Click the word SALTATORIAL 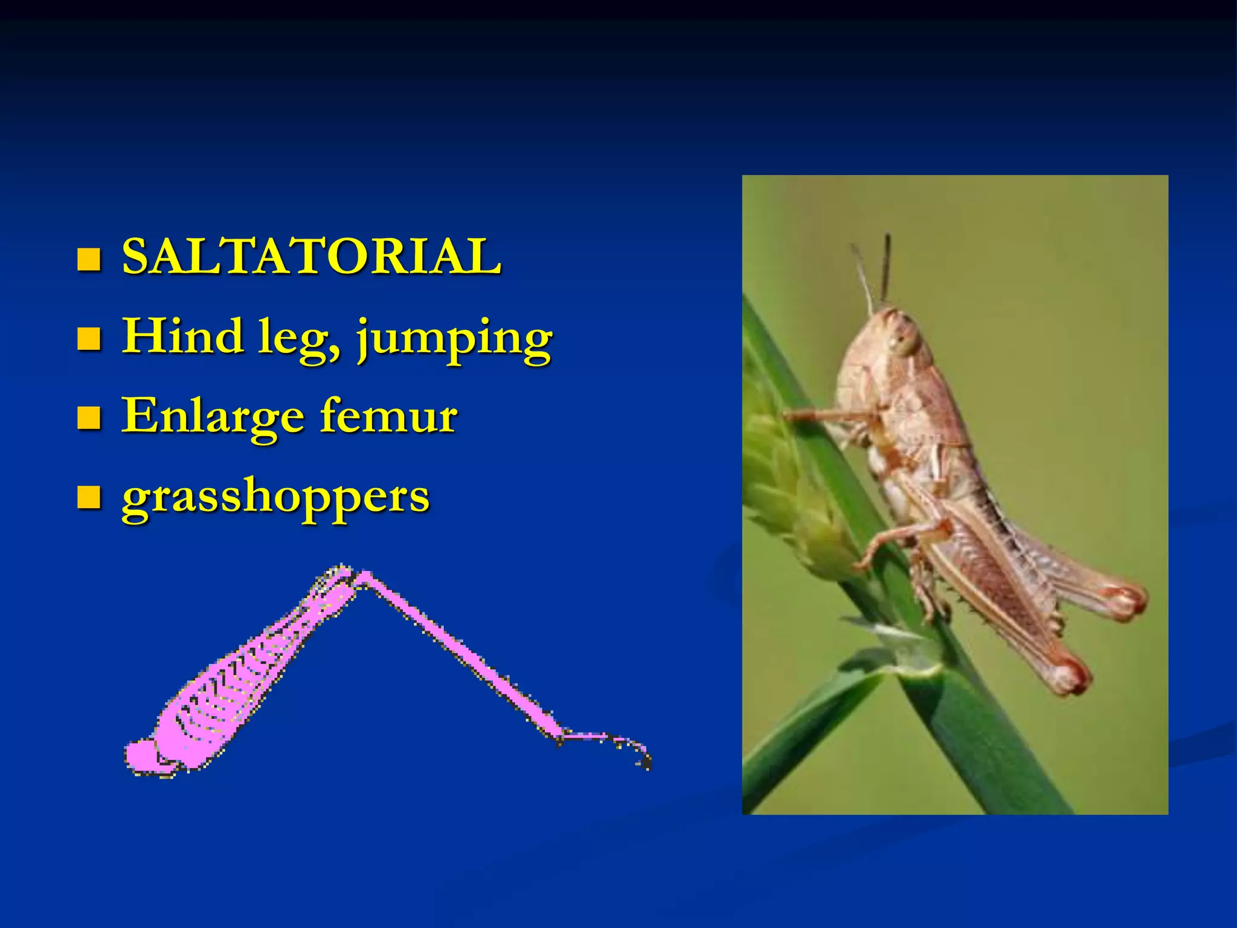[x=311, y=257]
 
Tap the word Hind [x=182, y=336]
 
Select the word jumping [x=454, y=340]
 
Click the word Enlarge [x=213, y=417]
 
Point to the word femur [x=388, y=416]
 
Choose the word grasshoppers [x=275, y=498]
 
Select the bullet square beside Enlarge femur [x=88, y=418]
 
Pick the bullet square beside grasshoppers [x=88, y=498]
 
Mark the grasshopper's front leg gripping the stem [x=827, y=416]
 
